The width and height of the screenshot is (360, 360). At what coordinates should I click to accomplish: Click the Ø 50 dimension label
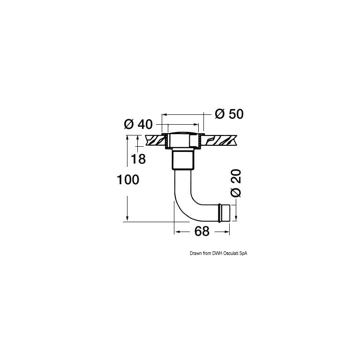tap(229, 114)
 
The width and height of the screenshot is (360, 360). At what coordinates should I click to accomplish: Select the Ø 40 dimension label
tap(138, 124)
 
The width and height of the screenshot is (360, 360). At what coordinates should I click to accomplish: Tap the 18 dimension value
tap(138, 159)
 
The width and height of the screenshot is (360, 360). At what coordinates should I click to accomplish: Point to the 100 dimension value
tap(128, 180)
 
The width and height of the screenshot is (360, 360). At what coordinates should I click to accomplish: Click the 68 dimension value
tap(202, 231)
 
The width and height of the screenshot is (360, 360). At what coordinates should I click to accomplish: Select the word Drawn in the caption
tap(194, 253)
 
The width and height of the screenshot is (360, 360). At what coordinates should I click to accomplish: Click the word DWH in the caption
tap(216, 253)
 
